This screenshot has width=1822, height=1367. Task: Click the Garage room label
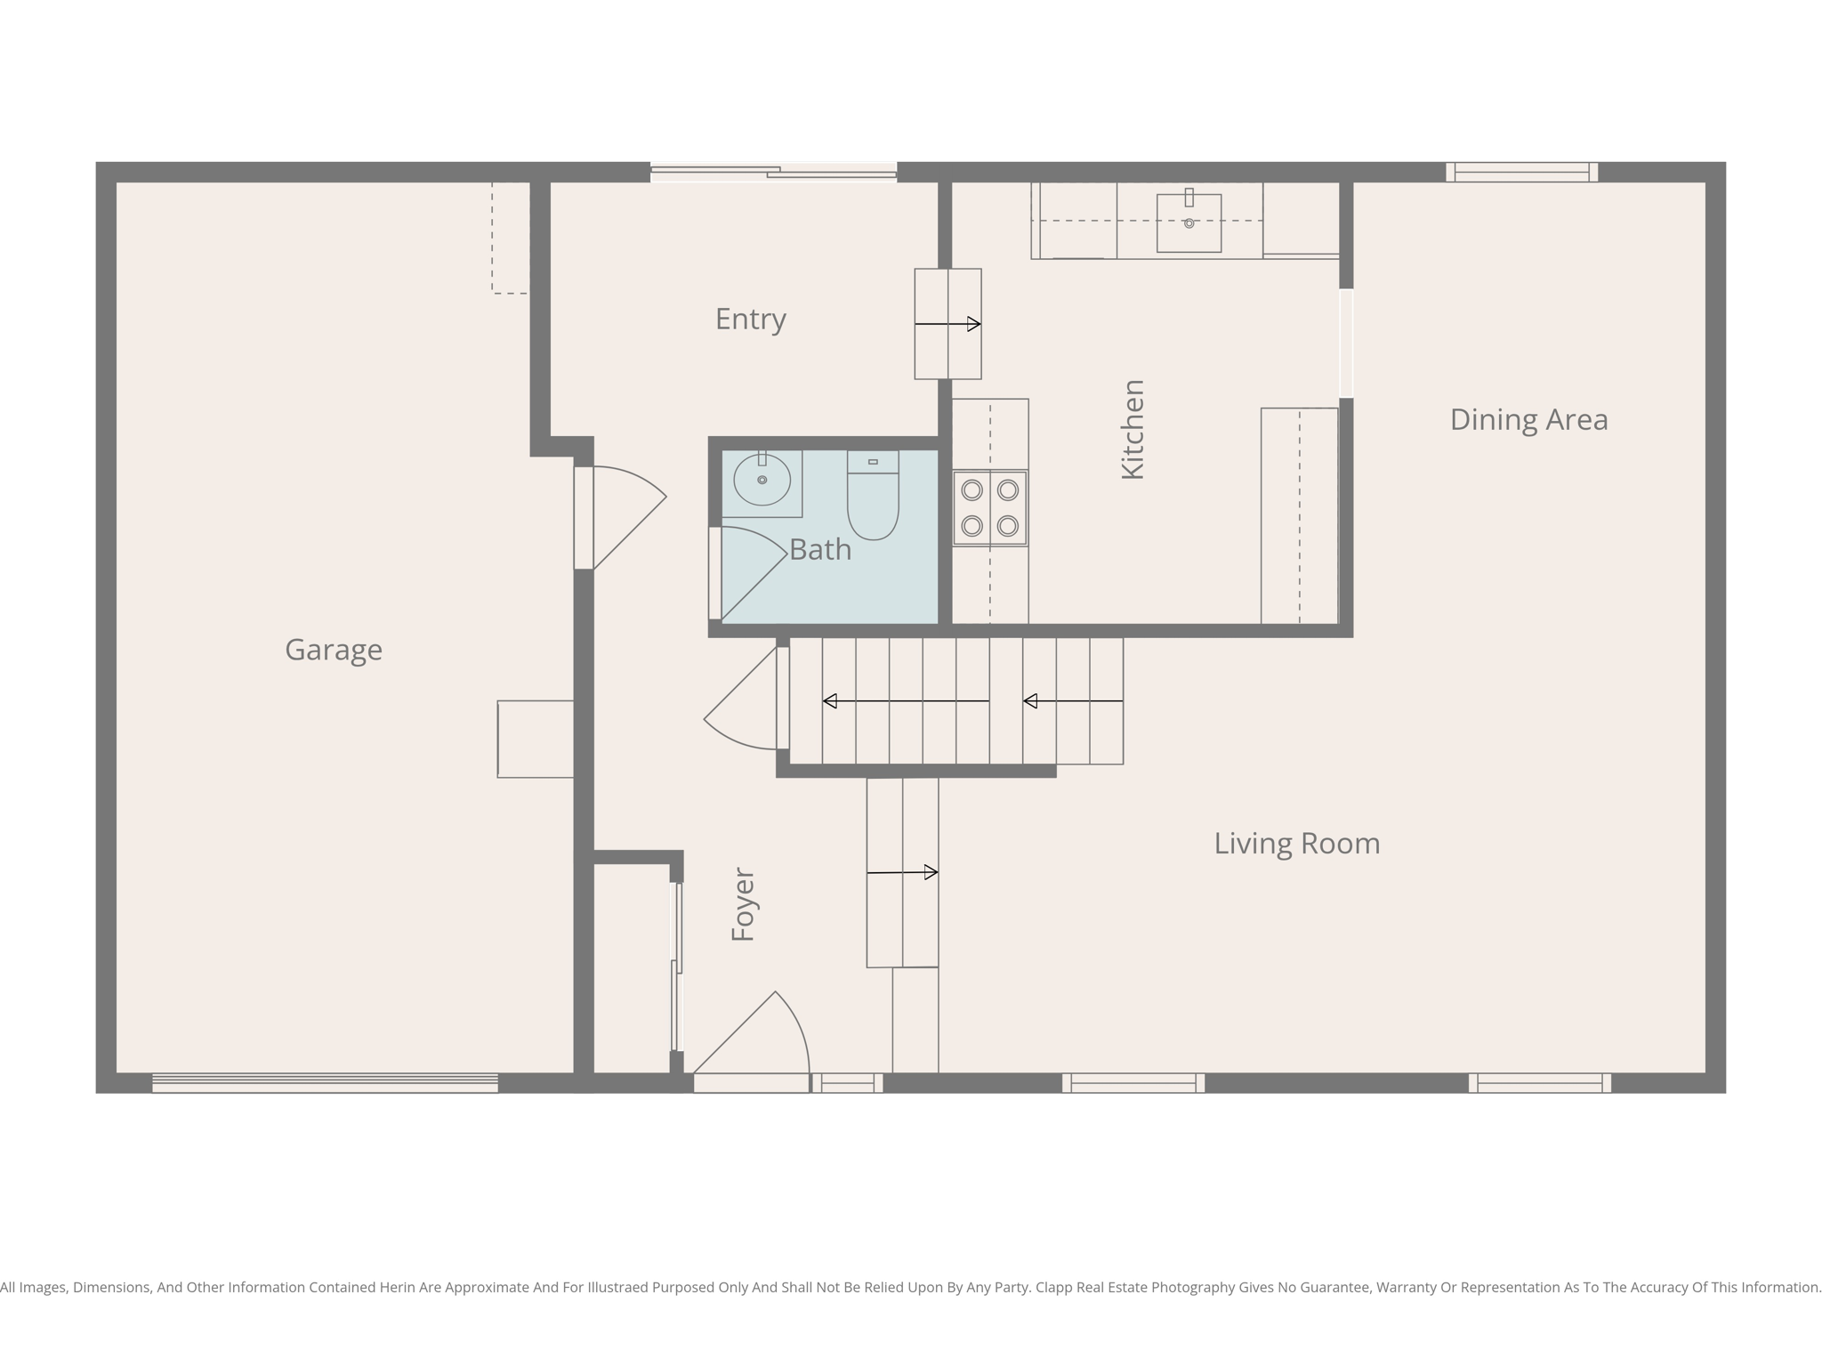334,650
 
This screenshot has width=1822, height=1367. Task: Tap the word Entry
750,319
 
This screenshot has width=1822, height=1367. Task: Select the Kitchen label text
1133,430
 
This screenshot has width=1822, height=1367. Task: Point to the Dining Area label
1528,419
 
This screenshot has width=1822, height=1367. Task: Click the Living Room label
1296,843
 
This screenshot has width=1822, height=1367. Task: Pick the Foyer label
743,904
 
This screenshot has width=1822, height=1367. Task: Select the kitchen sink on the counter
1189,223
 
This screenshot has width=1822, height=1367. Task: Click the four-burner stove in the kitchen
989,508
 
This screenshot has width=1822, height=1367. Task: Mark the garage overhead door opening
325,1082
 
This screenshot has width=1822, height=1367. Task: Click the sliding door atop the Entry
773,173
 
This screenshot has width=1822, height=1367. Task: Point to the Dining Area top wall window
1521,172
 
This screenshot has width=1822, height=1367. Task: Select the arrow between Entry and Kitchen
947,324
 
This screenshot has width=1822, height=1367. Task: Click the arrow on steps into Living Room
902,872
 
